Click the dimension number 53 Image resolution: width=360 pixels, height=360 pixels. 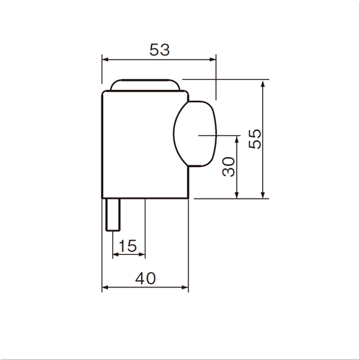coord(159,50)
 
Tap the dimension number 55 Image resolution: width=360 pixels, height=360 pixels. coord(255,139)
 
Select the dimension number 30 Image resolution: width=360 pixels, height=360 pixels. coord(228,167)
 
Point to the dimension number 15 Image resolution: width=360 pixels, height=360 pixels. coord(127,246)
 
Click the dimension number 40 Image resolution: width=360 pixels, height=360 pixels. coord(145,279)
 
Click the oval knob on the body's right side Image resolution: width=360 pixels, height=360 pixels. coord(195,134)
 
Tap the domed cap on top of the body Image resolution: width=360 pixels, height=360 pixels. coord(145,85)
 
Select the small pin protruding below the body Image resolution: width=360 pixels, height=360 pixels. coord(113,215)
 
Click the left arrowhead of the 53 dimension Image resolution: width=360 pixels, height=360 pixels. coord(105,59)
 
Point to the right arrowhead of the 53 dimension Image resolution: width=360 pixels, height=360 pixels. coord(212,59)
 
